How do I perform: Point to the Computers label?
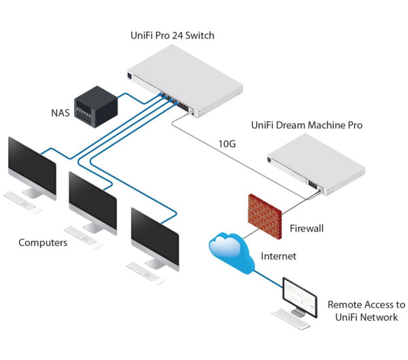click(x=42, y=242)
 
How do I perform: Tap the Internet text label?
click(x=279, y=257)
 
